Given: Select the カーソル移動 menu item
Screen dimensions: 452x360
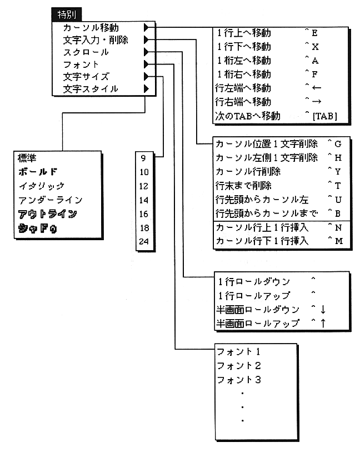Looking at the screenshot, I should (91, 27).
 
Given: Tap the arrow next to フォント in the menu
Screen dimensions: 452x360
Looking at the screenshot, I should (146, 64).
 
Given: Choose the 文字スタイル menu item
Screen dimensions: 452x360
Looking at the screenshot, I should (91, 89).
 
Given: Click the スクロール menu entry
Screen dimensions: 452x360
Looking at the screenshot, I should (86, 52).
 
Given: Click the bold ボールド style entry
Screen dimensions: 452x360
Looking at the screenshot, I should (38, 171).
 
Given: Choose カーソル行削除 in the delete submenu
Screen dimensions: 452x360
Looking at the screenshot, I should (248, 171).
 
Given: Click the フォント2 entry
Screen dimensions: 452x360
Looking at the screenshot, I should (239, 366).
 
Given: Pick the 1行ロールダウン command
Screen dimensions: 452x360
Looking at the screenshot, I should (253, 281).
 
